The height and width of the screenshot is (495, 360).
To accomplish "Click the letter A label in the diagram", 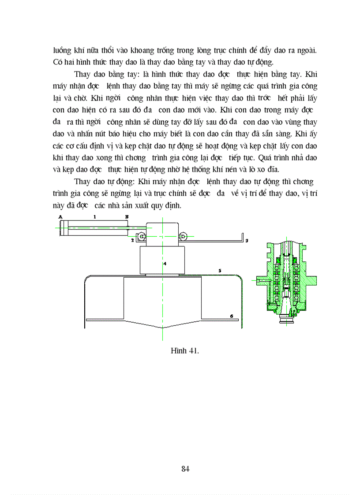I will [x=60, y=217].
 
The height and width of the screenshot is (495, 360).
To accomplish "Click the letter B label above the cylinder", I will [x=127, y=217].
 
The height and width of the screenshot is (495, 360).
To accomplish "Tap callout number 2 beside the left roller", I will [x=132, y=240].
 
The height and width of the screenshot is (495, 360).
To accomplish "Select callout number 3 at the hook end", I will [x=247, y=240].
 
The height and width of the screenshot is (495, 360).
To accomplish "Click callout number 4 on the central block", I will [x=164, y=263].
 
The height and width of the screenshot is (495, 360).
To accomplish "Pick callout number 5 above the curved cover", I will [x=219, y=269].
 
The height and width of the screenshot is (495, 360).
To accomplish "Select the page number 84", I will [x=185, y=469].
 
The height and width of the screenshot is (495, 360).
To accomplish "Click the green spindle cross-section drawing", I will [x=287, y=282].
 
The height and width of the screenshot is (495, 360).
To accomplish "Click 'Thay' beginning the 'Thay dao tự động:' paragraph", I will [x=82, y=182].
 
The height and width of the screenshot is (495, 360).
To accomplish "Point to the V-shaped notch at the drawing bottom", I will [x=163, y=328].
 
